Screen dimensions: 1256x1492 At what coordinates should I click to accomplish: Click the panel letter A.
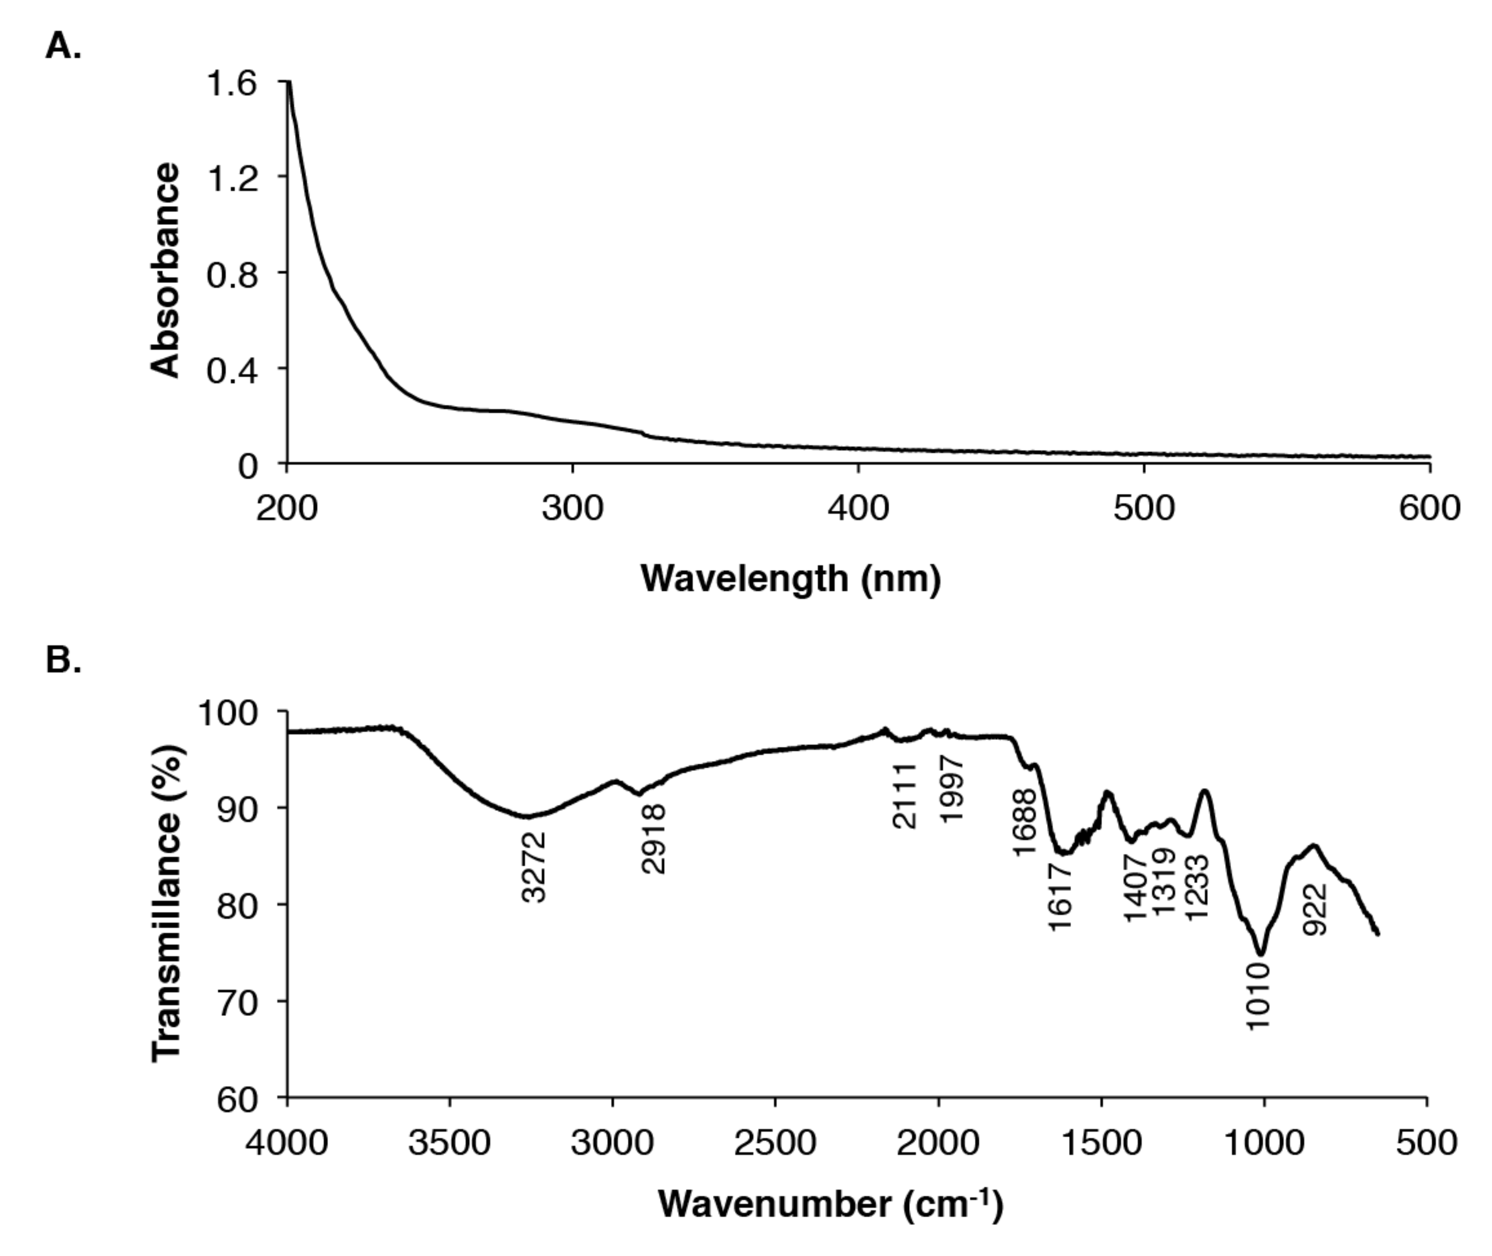pos(63,47)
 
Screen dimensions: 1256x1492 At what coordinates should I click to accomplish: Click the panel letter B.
pos(63,660)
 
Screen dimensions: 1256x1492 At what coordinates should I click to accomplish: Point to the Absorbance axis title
pos(165,271)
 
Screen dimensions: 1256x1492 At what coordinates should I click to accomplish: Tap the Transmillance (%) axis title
pos(167,903)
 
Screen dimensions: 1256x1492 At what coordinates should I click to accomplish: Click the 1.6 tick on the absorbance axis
pos(231,84)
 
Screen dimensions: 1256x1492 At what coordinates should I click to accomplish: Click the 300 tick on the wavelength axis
pos(572,508)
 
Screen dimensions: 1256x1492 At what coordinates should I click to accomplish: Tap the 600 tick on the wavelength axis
pos(1429,508)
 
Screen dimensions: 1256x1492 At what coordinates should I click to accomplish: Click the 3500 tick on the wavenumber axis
pos(449,1143)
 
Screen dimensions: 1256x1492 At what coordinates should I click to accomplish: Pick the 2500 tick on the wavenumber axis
pos(775,1143)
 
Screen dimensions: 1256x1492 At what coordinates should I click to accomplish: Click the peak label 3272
pos(534,867)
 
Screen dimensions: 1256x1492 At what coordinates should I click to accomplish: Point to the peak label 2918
pos(653,839)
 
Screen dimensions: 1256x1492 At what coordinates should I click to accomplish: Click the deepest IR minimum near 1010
pos(1261,953)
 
